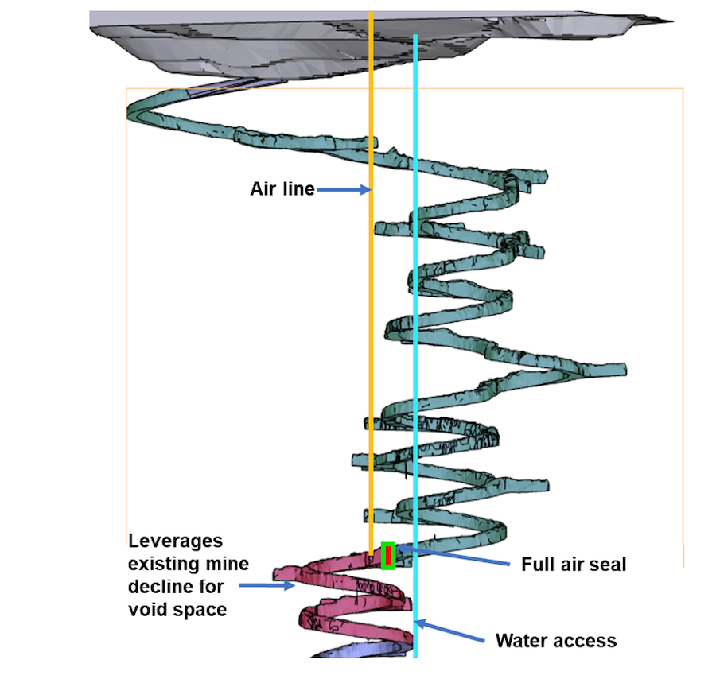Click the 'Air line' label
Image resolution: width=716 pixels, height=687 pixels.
(x=282, y=189)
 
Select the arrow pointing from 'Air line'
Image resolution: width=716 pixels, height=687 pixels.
(x=343, y=189)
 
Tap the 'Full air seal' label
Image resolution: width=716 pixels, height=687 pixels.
(x=574, y=565)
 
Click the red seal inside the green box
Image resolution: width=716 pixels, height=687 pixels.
(x=388, y=555)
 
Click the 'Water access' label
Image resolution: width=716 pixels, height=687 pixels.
(x=555, y=640)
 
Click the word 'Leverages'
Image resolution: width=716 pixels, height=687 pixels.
(x=175, y=541)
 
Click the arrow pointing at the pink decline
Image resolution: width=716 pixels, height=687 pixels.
(x=267, y=586)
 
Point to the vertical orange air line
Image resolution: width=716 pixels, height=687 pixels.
(x=371, y=318)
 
